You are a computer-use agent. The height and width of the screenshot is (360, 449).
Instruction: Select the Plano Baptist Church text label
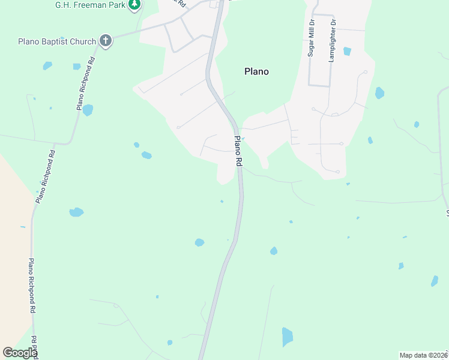[57, 41]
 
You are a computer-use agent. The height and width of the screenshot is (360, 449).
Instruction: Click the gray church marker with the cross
[106, 41]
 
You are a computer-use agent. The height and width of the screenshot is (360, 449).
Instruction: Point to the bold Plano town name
[256, 71]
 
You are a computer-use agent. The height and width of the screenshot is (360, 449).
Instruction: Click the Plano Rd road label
[238, 151]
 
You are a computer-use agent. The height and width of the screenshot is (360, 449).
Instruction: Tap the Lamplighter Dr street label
[332, 40]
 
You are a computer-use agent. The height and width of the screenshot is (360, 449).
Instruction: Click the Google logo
[20, 353]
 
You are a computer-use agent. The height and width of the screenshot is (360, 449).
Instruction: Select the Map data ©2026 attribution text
[424, 355]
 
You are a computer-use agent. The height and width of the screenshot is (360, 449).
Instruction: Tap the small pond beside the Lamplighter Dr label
[347, 52]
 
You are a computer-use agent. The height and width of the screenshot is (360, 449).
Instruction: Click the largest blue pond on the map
[287, 337]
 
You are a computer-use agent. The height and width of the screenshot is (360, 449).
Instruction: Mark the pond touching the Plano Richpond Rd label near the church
[88, 110]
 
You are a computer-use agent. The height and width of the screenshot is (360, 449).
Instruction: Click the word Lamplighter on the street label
[332, 44]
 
